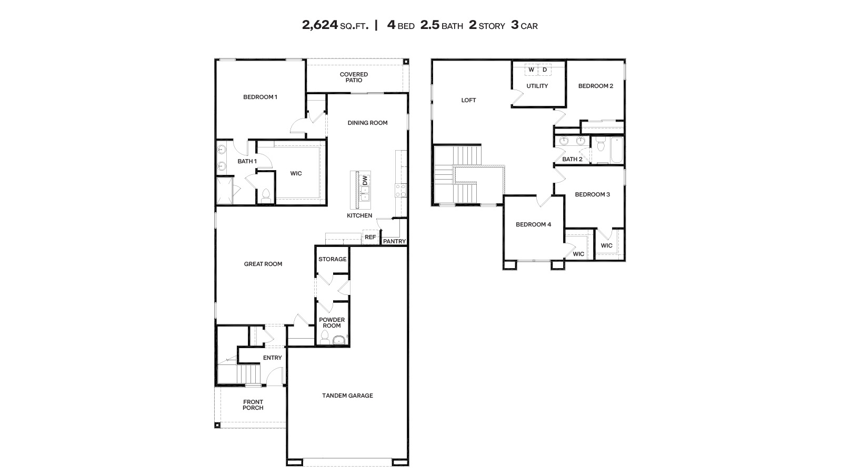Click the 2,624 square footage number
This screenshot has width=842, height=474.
click(x=319, y=25)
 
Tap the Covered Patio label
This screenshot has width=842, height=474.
click(x=354, y=77)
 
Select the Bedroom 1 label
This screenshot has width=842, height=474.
click(x=260, y=97)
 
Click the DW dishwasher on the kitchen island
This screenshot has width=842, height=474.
click(x=364, y=180)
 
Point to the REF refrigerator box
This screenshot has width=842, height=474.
click(x=370, y=237)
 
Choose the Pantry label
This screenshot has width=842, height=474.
click(x=394, y=241)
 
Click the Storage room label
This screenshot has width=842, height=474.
click(x=332, y=259)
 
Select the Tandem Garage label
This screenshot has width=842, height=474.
click(x=347, y=396)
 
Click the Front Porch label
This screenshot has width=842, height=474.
click(x=253, y=404)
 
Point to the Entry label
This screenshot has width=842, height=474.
click(x=272, y=358)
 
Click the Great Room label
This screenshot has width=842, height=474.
click(x=263, y=264)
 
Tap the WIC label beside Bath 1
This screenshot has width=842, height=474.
click(x=296, y=173)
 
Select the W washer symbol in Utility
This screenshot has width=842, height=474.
click(x=531, y=70)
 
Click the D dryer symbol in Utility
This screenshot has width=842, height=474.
click(x=545, y=70)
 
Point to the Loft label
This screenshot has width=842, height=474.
click(x=468, y=100)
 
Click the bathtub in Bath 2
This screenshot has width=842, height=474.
click(x=615, y=150)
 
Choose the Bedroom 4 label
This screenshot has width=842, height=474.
click(x=533, y=224)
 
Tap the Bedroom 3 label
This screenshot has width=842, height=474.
click(x=592, y=194)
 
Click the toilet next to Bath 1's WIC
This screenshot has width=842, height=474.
click(x=266, y=195)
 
